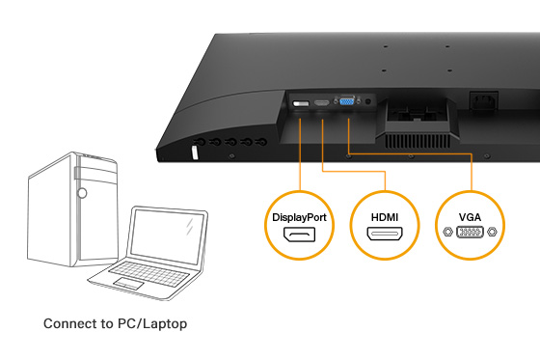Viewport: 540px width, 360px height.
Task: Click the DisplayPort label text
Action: (299, 217)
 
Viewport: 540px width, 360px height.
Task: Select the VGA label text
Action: (469, 217)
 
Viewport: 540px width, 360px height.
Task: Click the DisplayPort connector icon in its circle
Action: (299, 236)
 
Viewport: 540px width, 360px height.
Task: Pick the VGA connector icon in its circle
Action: (469, 233)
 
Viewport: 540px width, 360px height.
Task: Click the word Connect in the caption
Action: (70, 323)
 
